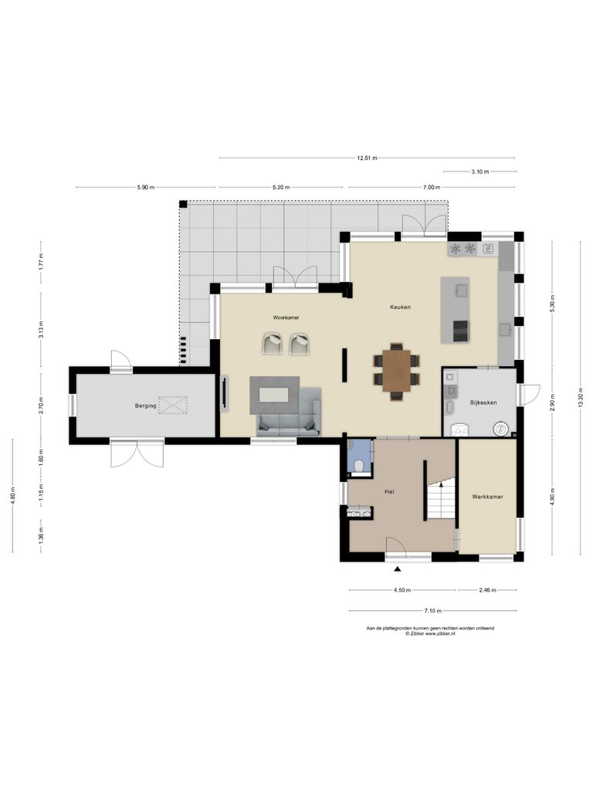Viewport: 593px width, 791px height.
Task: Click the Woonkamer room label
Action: (286, 317)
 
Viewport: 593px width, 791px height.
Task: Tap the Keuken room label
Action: (399, 307)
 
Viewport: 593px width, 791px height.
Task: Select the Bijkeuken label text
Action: (483, 402)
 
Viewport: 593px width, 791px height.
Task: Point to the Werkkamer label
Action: (487, 497)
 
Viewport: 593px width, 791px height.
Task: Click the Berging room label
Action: (145, 405)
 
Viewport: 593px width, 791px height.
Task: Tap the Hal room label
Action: (390, 491)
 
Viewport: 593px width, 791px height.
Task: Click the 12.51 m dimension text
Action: (367, 158)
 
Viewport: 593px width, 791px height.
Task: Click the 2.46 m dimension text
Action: (486, 590)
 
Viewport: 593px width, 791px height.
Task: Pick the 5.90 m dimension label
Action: (145, 187)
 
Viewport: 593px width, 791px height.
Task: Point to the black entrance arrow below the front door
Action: (398, 569)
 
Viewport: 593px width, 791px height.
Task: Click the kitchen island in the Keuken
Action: (456, 310)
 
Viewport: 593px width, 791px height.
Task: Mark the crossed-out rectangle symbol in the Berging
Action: (174, 404)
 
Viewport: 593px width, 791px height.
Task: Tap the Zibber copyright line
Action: (430, 633)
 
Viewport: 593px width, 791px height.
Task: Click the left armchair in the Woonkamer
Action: (273, 344)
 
